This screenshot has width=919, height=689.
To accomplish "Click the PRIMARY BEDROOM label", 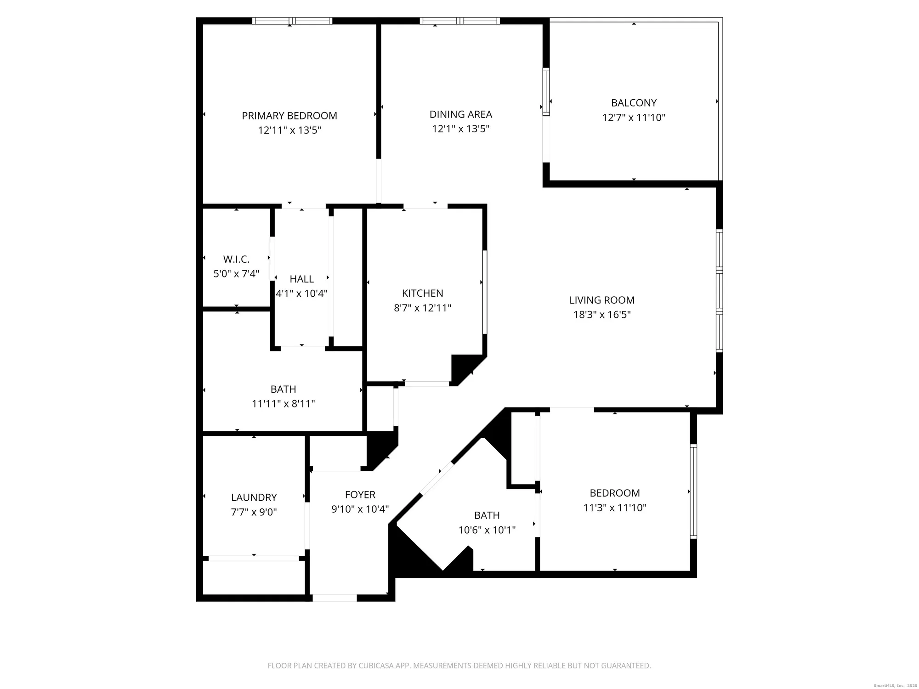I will pyautogui.click(x=289, y=116).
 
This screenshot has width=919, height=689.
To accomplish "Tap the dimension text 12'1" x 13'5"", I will pyautogui.click(x=460, y=129).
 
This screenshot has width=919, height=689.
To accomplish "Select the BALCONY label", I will pyautogui.click(x=634, y=103).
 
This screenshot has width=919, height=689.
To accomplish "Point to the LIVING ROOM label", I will pyautogui.click(x=601, y=300).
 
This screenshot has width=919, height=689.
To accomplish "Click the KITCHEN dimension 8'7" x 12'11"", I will pyautogui.click(x=422, y=308).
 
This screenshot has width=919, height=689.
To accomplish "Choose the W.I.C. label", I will pyautogui.click(x=236, y=260).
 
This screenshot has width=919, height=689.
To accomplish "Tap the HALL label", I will pyautogui.click(x=301, y=279).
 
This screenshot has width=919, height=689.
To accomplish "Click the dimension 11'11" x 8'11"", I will pyautogui.click(x=283, y=404).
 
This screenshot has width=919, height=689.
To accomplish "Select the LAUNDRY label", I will pyautogui.click(x=254, y=497).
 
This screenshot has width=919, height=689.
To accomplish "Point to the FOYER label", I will pyautogui.click(x=360, y=495).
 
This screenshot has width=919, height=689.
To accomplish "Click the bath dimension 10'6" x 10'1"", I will pyautogui.click(x=487, y=530).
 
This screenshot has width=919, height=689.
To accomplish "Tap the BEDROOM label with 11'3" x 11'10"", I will pyautogui.click(x=614, y=493).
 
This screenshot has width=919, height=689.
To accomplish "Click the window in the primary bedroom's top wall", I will pyautogui.click(x=292, y=21).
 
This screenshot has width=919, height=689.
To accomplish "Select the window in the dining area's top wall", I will pyautogui.click(x=460, y=21).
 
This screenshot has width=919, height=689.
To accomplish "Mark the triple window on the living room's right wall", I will pyautogui.click(x=719, y=291).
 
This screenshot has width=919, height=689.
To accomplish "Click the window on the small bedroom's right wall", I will pyautogui.click(x=693, y=491).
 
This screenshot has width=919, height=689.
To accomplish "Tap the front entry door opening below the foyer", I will pyautogui.click(x=335, y=598).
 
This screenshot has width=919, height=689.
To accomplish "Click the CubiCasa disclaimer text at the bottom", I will pyautogui.click(x=459, y=666).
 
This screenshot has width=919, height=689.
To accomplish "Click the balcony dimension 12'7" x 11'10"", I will pyautogui.click(x=634, y=118).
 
